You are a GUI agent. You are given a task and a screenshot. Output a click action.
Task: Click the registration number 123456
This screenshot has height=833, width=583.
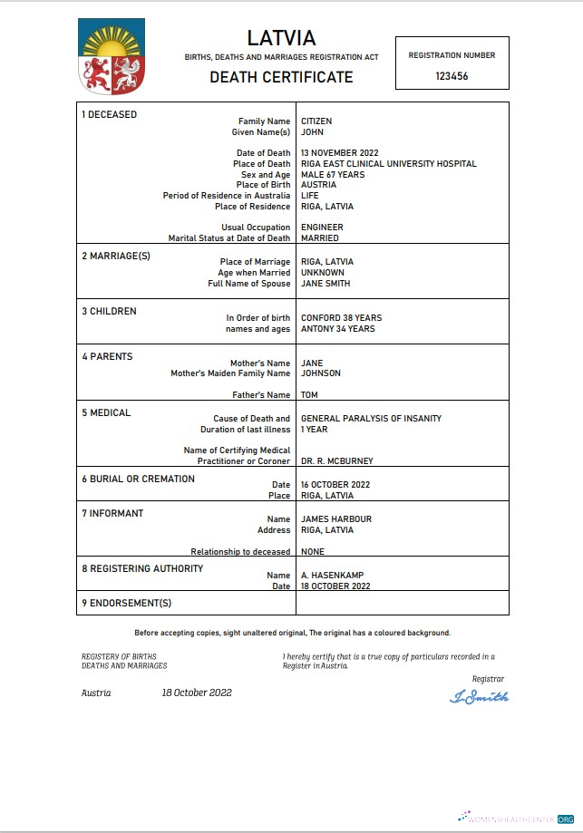pyautogui.click(x=452, y=77)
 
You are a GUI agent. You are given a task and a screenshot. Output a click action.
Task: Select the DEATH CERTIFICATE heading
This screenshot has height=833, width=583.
pyautogui.click(x=281, y=77)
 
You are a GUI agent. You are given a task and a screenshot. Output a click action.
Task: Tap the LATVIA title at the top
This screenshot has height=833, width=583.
pyautogui.click(x=281, y=38)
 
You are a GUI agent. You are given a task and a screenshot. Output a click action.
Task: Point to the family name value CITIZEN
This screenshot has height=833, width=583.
pyautogui.click(x=316, y=121)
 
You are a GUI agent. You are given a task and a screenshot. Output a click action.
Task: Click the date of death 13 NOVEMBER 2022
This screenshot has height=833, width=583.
pyautogui.click(x=339, y=153)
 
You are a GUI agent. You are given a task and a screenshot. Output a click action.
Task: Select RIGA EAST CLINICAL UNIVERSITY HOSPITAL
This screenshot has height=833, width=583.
pyautogui.click(x=388, y=164)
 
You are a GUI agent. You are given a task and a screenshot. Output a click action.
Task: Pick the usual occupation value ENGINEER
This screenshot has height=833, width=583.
pyautogui.click(x=322, y=228)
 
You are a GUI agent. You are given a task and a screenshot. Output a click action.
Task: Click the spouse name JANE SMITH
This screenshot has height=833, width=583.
pyautogui.click(x=326, y=284)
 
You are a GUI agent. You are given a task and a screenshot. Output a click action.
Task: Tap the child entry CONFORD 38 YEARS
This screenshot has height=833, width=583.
pyautogui.click(x=341, y=318)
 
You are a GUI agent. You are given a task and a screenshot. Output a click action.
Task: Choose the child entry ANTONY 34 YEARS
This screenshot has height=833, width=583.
pyautogui.click(x=337, y=329)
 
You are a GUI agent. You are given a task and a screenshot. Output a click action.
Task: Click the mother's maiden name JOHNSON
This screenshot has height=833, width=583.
pyautogui.click(x=321, y=373)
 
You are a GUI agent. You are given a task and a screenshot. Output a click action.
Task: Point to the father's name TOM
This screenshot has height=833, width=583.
pyautogui.click(x=309, y=395)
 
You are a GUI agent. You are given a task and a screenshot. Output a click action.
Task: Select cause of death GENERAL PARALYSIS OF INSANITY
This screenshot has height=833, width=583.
pyautogui.click(x=371, y=419)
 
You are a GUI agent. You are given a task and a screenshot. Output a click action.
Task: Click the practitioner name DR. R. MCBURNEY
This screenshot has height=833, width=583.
pyautogui.click(x=336, y=460)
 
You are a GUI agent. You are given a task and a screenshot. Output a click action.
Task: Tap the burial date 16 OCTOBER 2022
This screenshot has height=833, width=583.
pyautogui.click(x=335, y=485)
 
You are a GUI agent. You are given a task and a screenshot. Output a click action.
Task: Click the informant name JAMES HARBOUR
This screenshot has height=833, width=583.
pyautogui.click(x=335, y=519)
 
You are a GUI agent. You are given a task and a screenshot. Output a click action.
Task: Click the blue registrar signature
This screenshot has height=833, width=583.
pyautogui.click(x=480, y=697)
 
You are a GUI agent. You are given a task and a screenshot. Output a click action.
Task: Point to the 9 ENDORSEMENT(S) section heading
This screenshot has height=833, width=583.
pyautogui.click(x=126, y=603)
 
